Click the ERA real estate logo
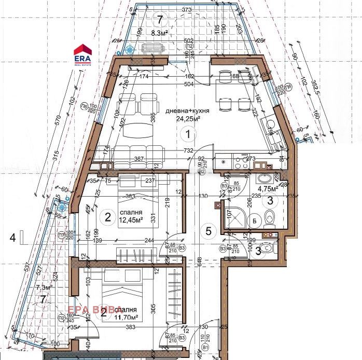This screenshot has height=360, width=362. (x=83, y=53)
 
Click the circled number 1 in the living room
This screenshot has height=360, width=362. (x=188, y=134)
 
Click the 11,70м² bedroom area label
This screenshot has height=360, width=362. (x=127, y=316)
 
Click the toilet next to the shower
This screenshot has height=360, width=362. (x=268, y=218)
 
